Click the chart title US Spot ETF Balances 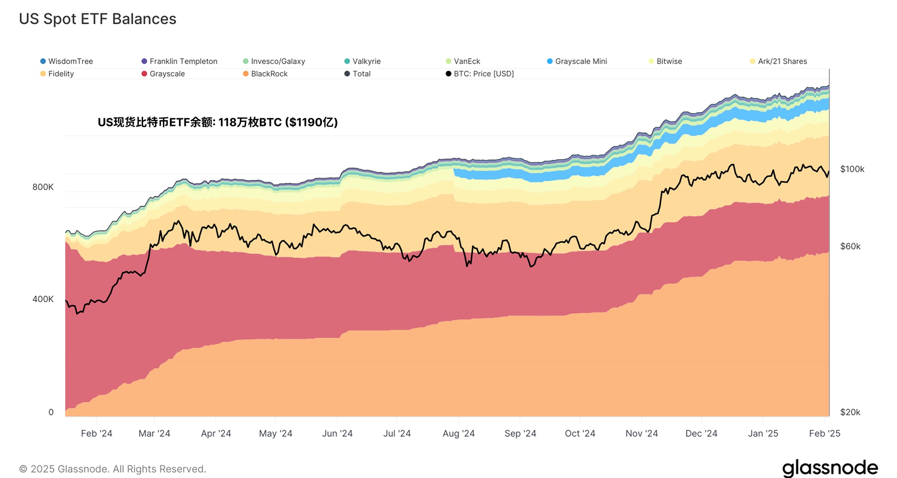click(x=97, y=19)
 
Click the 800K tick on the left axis click(x=43, y=187)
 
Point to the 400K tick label click(x=43, y=299)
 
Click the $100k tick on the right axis click(x=852, y=169)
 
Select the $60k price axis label click(x=850, y=246)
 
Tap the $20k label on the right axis click(x=850, y=412)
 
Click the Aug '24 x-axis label click(x=458, y=434)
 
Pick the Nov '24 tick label click(x=641, y=434)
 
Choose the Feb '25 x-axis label click(x=824, y=434)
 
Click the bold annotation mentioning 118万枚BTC click(x=218, y=122)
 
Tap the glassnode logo click(x=830, y=468)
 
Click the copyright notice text click(x=113, y=469)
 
